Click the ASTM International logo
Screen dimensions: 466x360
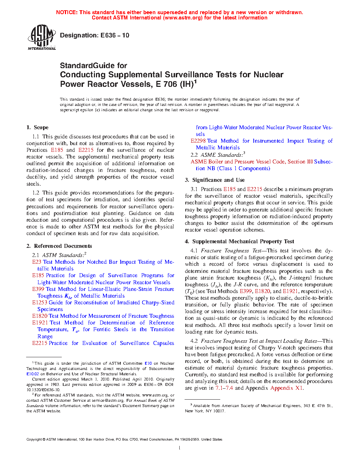[x=42, y=37]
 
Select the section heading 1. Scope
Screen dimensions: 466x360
[x=37, y=127]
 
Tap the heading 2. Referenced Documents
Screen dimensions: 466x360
[x=59, y=246]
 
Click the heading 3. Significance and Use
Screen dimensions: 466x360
[x=215, y=180]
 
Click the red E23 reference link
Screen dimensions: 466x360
[x=37, y=262]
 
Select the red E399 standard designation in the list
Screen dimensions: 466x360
[x=38, y=289]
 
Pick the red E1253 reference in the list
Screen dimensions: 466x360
[x=40, y=303]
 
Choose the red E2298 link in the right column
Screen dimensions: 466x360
[x=198, y=141]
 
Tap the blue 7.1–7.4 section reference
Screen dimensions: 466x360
[x=224, y=388]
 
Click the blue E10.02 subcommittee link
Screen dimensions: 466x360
[x=32, y=374]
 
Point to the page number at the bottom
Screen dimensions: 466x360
[x=180, y=448]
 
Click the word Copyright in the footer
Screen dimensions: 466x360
[x=34, y=440]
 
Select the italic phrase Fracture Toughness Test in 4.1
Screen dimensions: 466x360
[x=231, y=251]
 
